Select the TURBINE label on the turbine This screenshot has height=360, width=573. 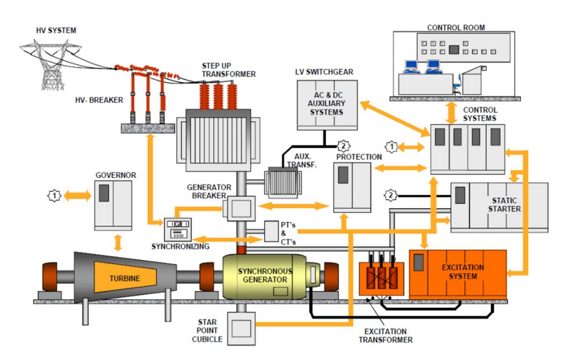pos(125,278)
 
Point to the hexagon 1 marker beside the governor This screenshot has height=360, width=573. pos(54,196)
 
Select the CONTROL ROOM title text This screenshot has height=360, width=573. pos(456,27)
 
